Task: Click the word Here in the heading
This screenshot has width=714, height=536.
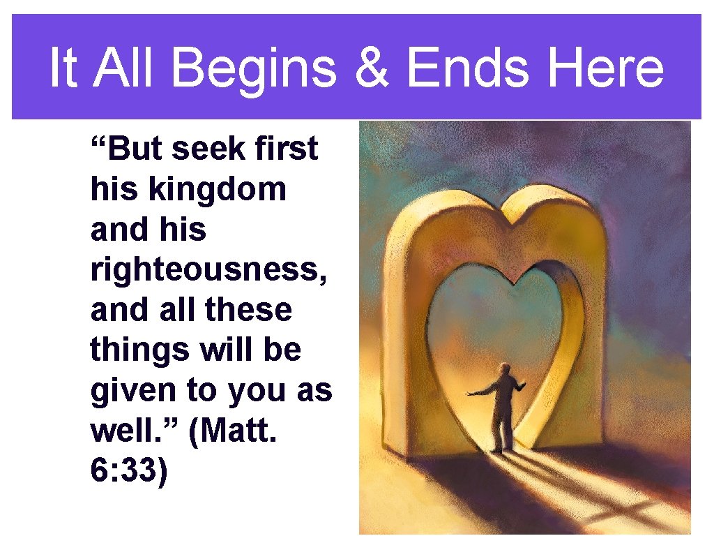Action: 606,68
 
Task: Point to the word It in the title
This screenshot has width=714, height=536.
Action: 63,68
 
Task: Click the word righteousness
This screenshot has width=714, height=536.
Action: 209,269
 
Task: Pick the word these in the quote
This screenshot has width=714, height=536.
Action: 253,309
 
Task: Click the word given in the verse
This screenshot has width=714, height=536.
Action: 132,390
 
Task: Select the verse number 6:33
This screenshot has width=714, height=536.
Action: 129,471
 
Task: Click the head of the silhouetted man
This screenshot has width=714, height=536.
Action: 503,368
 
